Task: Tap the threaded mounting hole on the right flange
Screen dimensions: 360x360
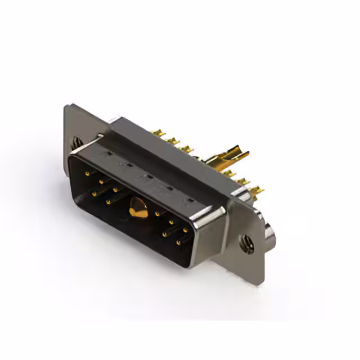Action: (246, 245)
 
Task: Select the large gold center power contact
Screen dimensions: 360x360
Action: (136, 209)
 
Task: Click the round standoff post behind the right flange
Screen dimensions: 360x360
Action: (272, 235)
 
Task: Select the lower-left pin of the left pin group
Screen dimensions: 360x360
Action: (93, 193)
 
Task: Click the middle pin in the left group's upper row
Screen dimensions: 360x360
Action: (101, 181)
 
